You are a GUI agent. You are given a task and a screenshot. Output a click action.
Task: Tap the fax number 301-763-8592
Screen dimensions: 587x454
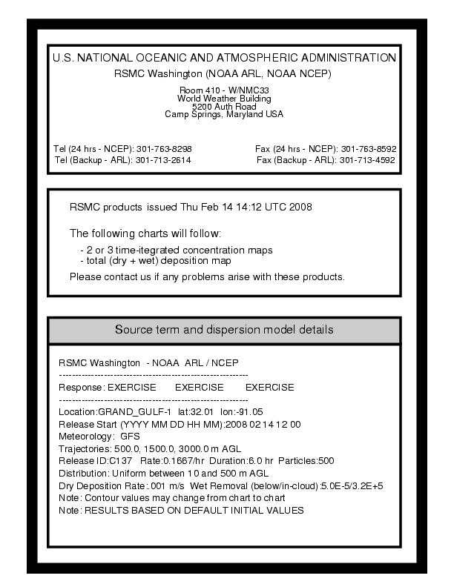369,148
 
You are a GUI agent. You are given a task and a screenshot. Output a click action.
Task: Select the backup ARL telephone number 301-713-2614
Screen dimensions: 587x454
163,160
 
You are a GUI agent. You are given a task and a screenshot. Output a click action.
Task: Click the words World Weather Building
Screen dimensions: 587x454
223,98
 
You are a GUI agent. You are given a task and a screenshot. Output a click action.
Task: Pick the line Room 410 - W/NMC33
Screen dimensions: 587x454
223,90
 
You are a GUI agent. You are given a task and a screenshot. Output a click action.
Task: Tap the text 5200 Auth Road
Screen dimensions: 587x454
223,106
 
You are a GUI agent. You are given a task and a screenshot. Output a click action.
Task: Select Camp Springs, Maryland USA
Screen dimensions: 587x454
223,114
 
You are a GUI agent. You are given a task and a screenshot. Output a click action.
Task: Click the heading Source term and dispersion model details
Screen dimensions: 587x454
223,329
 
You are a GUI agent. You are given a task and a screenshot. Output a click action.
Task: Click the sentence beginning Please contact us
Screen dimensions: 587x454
207,277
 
